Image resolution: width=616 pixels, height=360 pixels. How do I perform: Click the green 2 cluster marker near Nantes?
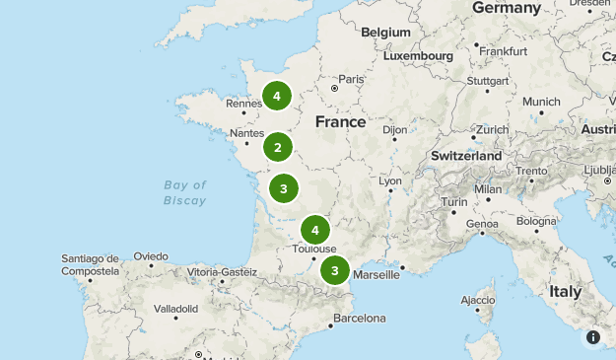278,148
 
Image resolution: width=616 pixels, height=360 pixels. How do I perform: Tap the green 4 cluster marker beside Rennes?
277,96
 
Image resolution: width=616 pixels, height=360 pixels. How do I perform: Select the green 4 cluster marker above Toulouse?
314,231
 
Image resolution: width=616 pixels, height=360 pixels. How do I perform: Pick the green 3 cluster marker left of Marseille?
335,270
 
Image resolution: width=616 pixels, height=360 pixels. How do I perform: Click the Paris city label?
351,79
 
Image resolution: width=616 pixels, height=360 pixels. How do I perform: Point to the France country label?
340,122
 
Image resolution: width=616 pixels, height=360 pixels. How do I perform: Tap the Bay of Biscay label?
185,192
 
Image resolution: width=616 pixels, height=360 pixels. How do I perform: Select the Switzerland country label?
466,156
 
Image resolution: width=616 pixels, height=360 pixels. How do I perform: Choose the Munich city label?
541,102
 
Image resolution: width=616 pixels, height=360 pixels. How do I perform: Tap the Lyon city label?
390,181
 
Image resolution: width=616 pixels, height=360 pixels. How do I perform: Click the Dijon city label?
394,129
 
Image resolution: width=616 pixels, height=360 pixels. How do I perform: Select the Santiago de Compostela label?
90,264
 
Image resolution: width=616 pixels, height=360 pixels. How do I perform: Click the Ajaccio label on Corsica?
478,300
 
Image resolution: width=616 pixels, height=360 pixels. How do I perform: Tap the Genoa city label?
482,224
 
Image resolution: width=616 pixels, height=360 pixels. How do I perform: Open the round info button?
593,337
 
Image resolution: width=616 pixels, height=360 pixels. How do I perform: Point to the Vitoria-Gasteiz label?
222,271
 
